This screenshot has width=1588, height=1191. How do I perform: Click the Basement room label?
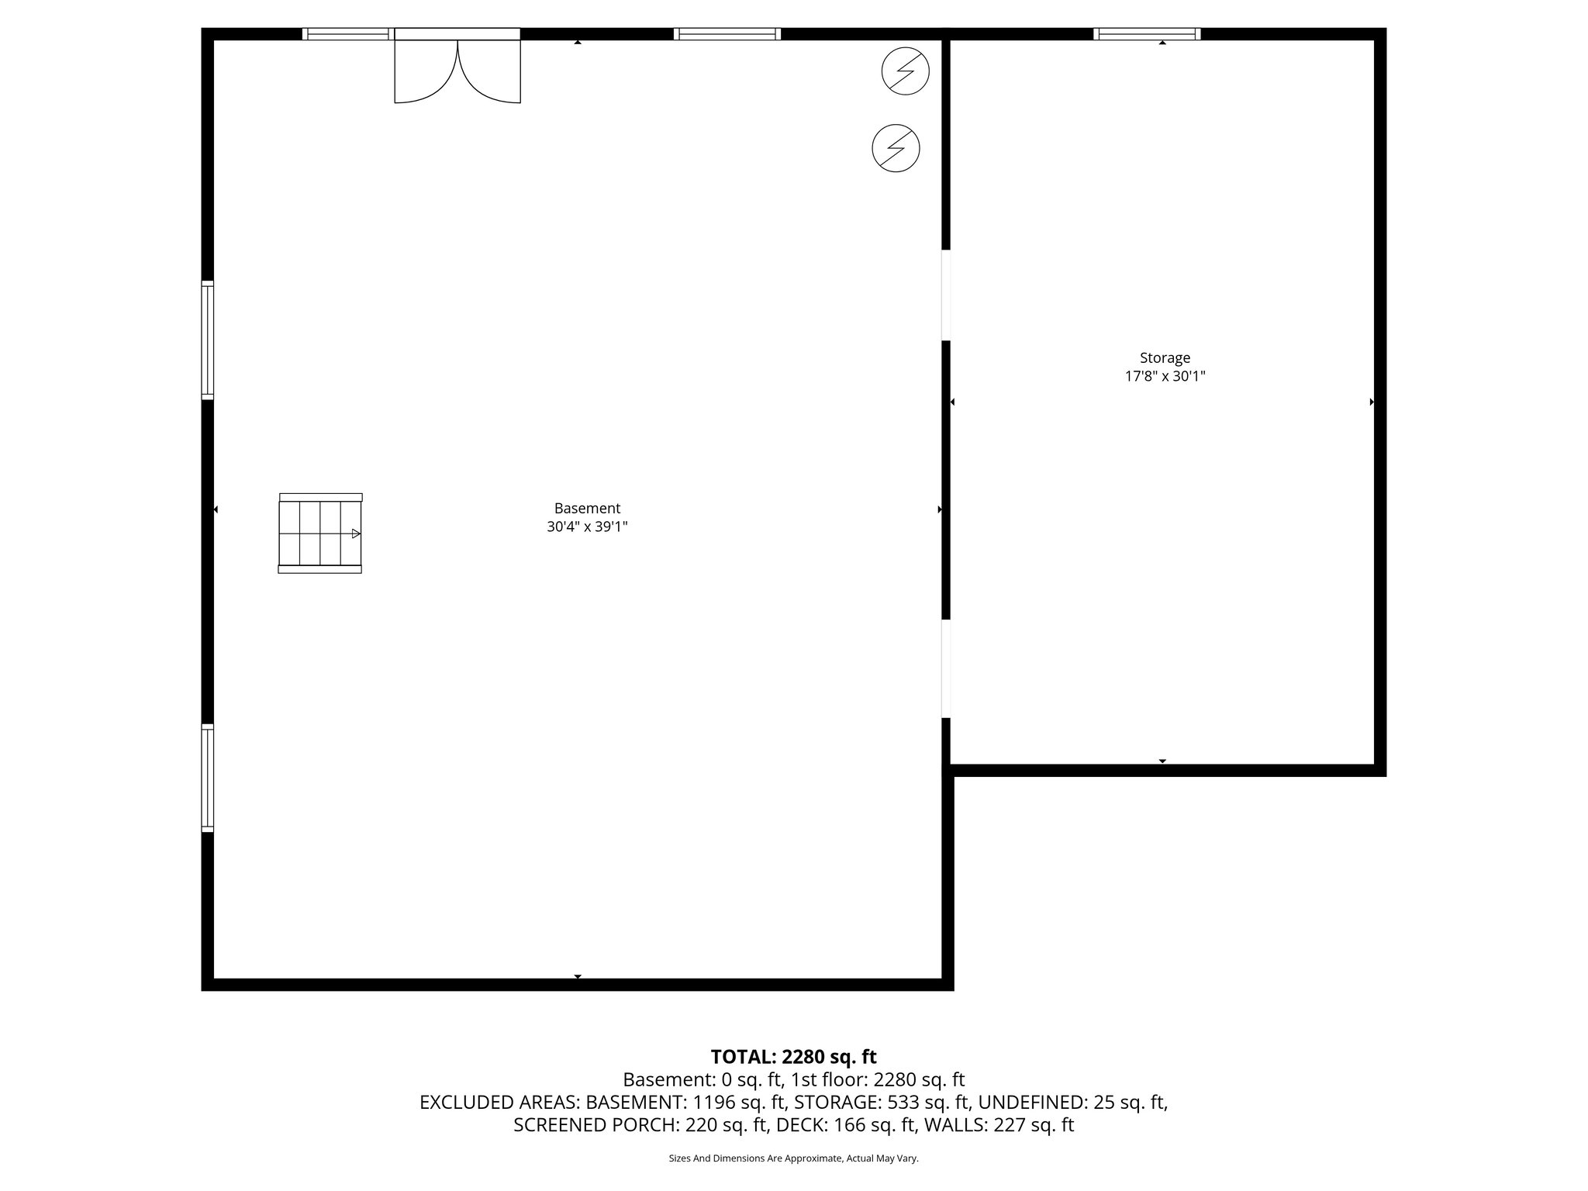[587, 509]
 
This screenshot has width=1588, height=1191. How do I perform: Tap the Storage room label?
[1165, 358]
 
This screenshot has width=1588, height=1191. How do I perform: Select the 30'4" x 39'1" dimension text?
[587, 527]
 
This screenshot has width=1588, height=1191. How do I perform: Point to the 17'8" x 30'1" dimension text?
[1165, 377]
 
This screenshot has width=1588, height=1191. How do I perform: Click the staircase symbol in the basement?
[319, 533]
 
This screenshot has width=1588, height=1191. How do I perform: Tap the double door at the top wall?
[457, 70]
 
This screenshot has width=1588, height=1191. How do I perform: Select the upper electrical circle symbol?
[905, 71]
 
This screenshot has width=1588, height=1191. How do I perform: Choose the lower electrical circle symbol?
[896, 148]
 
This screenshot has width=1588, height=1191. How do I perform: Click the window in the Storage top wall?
[1147, 33]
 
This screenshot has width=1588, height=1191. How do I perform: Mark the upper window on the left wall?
[208, 340]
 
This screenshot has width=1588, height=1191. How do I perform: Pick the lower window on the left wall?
[208, 778]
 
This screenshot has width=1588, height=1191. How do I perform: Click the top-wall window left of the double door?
[346, 33]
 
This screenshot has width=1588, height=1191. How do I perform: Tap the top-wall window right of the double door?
[727, 33]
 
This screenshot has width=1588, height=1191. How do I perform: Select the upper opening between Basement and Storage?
[946, 295]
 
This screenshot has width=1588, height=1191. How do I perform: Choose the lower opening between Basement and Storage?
[946, 668]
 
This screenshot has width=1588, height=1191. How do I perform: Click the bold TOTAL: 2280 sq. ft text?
[793, 1057]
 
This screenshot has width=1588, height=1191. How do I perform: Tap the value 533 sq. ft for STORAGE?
[928, 1102]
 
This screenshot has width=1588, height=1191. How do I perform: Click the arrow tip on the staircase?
[356, 533]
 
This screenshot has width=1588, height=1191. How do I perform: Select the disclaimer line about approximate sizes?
[793, 1158]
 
